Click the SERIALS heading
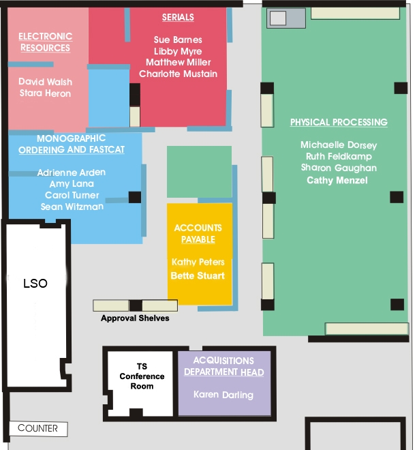click(178, 17)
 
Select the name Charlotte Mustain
click(178, 74)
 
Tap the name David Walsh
click(46, 82)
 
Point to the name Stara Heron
click(46, 93)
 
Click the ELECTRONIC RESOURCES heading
click(46, 42)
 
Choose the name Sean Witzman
click(72, 207)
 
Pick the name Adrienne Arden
click(72, 172)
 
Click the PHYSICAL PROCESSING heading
click(339, 122)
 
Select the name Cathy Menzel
click(337, 180)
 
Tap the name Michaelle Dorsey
click(339, 145)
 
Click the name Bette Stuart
click(198, 275)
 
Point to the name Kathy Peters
click(198, 262)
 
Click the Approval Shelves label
click(135, 318)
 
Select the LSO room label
click(35, 283)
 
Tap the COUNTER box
click(38, 429)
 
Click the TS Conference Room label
click(142, 376)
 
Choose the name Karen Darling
click(223, 395)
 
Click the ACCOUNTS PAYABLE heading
click(198, 234)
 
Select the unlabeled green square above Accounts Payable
click(200, 172)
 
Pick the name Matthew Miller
click(178, 62)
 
